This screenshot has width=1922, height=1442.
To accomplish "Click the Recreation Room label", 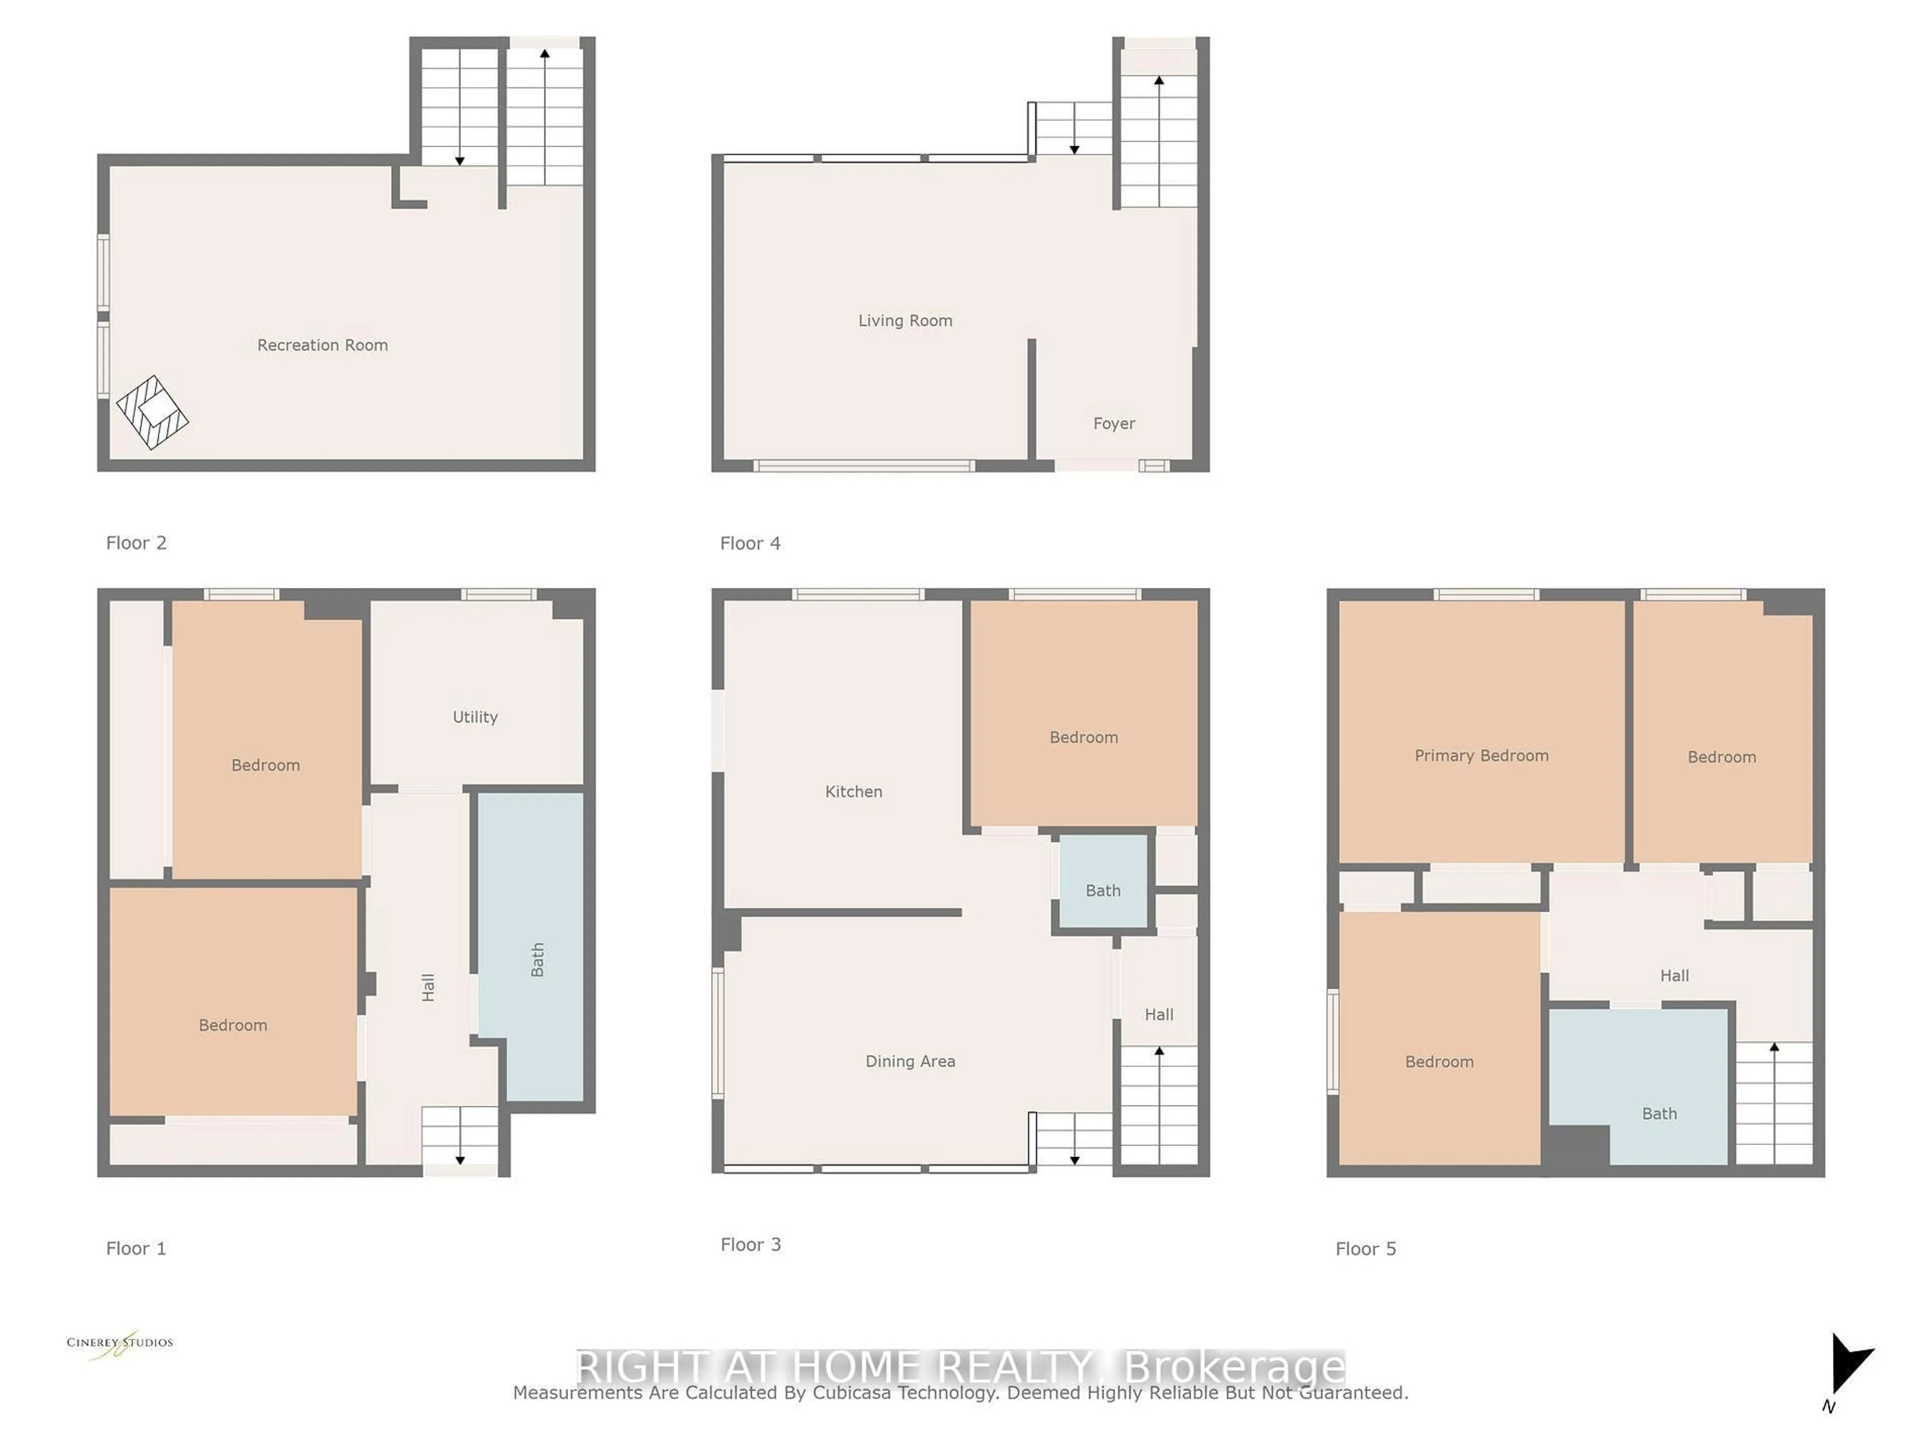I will pyautogui.click(x=322, y=345).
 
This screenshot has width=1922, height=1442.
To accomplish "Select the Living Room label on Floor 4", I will pyautogui.click(x=905, y=321).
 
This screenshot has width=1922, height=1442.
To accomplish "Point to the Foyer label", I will pyautogui.click(x=1114, y=423).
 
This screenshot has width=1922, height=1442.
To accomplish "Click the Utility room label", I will pyautogui.click(x=475, y=717).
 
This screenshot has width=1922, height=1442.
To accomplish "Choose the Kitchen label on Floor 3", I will pyautogui.click(x=853, y=792).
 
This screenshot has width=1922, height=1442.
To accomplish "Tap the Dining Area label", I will pyautogui.click(x=910, y=1061).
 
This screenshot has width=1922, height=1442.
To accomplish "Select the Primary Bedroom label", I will pyautogui.click(x=1482, y=756).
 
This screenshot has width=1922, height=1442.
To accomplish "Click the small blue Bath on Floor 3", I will pyautogui.click(x=1103, y=890).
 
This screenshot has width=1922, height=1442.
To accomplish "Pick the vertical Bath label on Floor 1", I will pyautogui.click(x=538, y=960).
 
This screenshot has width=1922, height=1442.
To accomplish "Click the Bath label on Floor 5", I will pyautogui.click(x=1659, y=1114).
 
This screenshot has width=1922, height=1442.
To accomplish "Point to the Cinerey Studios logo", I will pyautogui.click(x=120, y=1344).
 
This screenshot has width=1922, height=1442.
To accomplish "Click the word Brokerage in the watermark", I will pyautogui.click(x=1234, y=1367).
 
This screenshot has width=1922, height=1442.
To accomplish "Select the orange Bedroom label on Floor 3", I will pyautogui.click(x=1084, y=737).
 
